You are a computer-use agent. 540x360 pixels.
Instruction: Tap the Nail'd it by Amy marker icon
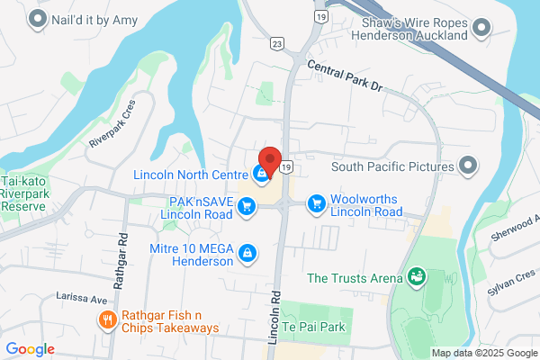(39, 17)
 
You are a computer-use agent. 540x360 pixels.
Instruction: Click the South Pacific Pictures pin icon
(467, 166)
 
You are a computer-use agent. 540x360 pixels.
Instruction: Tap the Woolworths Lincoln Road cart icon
(316, 205)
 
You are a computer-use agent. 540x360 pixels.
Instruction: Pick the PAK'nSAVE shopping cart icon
(245, 208)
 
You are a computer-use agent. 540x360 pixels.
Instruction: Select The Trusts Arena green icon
(416, 276)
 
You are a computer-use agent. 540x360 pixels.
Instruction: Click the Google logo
(30, 349)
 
